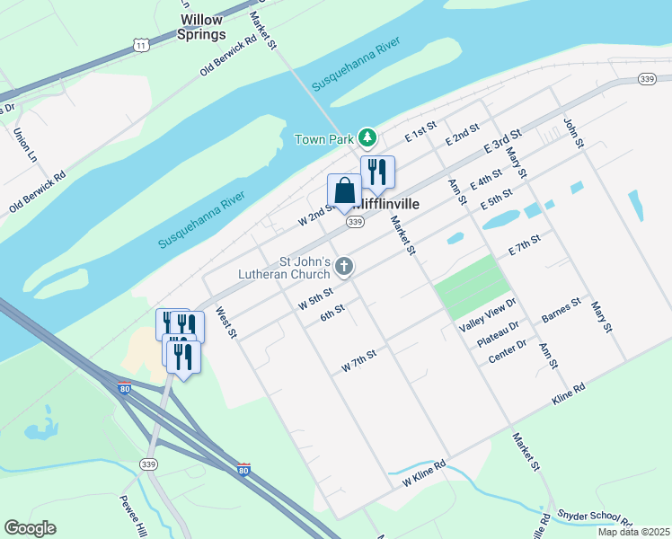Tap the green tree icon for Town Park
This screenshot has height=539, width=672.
(x=367, y=137)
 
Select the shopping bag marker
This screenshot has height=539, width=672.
(x=344, y=190)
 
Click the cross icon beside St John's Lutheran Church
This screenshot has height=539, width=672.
(x=343, y=266)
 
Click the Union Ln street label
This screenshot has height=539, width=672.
(x=24, y=145)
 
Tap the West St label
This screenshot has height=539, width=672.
(x=225, y=323)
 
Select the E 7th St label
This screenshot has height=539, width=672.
(x=524, y=243)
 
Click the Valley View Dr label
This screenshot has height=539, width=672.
(x=488, y=315)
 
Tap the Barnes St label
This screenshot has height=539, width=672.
(x=561, y=311)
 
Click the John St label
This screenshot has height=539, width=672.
(x=573, y=131)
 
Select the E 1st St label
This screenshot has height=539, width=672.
(x=420, y=131)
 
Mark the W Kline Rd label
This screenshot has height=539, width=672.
(x=423, y=478)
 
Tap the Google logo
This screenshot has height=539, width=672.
(x=30, y=528)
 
